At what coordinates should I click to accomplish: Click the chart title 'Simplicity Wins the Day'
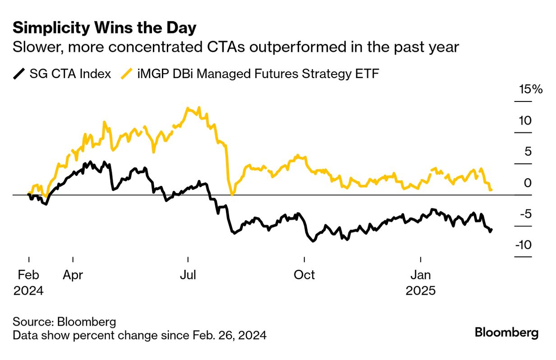click(105, 28)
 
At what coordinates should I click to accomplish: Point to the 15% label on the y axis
click(531, 89)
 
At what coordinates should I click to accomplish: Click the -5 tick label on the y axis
click(525, 214)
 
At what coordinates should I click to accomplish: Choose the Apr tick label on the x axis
click(73, 275)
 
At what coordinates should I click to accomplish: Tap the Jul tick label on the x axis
click(187, 275)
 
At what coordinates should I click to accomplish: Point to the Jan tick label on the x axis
click(420, 275)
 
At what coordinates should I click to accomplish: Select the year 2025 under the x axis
click(420, 291)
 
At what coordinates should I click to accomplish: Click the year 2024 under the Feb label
click(28, 291)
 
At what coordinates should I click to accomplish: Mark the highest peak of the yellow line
click(188, 108)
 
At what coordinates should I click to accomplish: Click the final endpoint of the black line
click(491, 230)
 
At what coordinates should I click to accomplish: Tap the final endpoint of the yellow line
click(491, 190)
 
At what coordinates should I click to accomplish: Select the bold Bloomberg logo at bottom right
click(506, 333)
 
